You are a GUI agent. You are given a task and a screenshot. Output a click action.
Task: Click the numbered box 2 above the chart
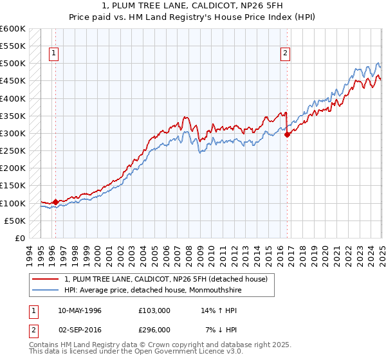284,54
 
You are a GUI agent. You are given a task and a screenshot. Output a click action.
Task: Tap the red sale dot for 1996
55,202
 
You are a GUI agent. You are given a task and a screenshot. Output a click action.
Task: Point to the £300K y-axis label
13,133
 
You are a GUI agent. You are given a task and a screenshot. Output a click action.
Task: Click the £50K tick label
15,221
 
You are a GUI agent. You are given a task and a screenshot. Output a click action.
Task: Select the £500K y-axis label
13,64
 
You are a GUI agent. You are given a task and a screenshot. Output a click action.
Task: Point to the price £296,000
154,330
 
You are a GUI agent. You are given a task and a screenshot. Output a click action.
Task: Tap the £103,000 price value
154,310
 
